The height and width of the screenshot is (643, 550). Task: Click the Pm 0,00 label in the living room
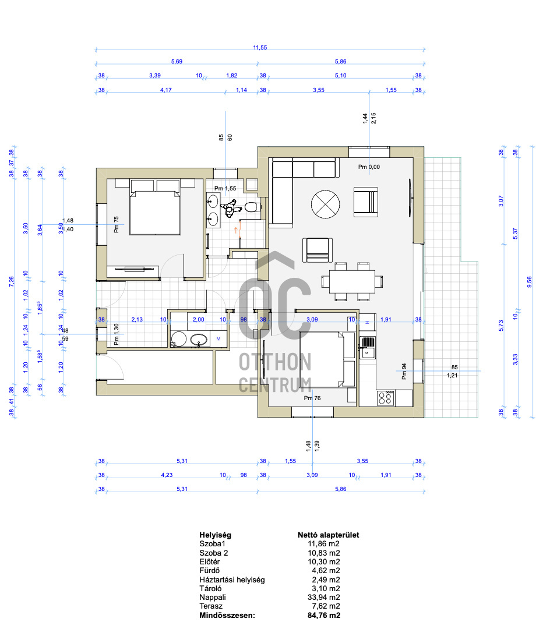[x=369, y=167]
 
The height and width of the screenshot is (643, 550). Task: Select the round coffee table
[x=327, y=205]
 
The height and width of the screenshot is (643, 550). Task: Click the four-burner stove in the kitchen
[x=386, y=398]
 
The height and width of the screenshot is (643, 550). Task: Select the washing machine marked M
[x=218, y=338]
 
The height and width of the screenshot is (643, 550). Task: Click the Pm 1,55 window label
[x=226, y=188]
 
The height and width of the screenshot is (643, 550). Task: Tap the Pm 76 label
[x=313, y=398]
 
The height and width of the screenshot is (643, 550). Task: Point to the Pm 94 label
[x=404, y=371]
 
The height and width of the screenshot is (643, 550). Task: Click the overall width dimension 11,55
[x=260, y=48]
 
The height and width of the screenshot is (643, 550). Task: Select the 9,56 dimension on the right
[x=529, y=281]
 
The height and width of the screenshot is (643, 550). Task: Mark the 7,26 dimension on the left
[x=12, y=281]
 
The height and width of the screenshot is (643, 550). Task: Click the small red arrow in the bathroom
[x=236, y=229]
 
